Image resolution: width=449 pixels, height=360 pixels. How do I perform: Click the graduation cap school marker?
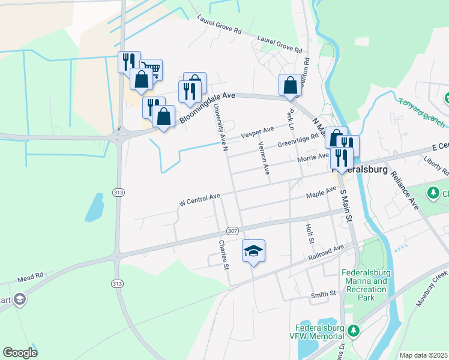coord(254,250)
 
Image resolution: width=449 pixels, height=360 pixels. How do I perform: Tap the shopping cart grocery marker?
coord(152,70)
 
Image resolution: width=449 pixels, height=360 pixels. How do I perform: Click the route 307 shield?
coord(232,231)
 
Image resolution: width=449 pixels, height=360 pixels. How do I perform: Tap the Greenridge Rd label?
coord(298,143)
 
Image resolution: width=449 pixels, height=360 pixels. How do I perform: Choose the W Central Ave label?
coord(200,200)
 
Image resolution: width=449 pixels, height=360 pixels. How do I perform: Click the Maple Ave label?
coord(321,193)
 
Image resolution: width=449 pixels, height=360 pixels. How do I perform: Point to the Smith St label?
coord(323,294)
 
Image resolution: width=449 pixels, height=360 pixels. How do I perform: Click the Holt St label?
coord(310,234)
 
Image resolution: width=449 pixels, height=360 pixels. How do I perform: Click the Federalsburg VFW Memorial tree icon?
coord(354,330)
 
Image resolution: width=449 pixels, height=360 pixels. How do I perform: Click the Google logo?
coord(20,353)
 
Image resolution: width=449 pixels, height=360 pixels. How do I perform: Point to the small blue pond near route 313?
coord(94,207)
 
